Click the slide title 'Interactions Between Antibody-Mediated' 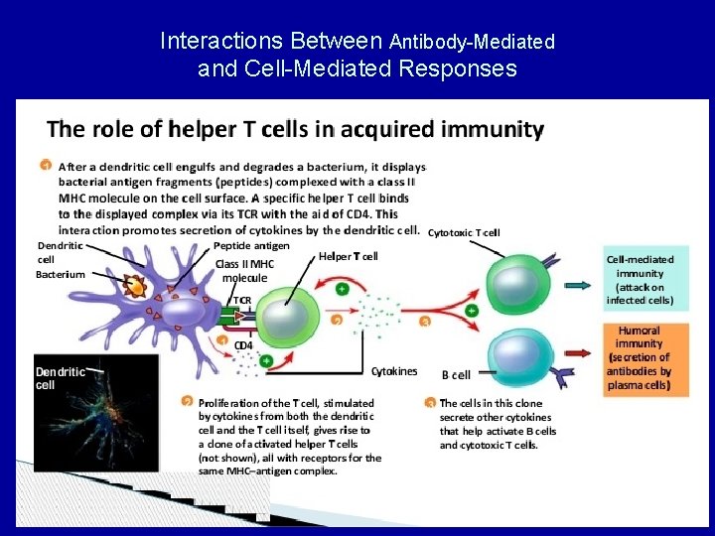click(x=357, y=42)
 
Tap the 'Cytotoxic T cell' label click(x=464, y=233)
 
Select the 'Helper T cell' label click(x=348, y=256)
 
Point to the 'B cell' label click(x=456, y=374)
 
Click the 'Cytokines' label click(x=393, y=371)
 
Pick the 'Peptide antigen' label click(x=251, y=245)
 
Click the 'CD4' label click(x=242, y=345)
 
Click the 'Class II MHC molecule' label click(x=244, y=271)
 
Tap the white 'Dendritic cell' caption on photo click(x=60, y=378)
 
